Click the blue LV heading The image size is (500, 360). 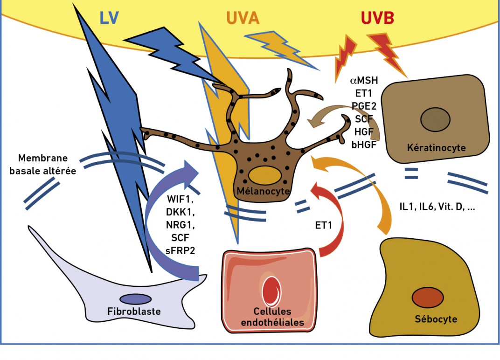[x=109, y=18]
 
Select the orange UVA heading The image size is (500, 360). [x=243, y=18]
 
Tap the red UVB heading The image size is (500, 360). [x=377, y=18]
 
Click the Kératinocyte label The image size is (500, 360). [x=436, y=148]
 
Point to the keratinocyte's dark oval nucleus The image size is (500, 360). [x=435, y=119]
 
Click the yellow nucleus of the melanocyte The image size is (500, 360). [x=264, y=175]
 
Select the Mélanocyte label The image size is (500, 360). [x=263, y=191]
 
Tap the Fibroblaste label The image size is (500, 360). [x=134, y=311]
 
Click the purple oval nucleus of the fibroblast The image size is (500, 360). [x=136, y=299]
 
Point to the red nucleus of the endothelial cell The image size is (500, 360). [x=271, y=291]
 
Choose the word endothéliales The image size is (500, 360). [x=273, y=322]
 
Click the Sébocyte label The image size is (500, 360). [x=436, y=319]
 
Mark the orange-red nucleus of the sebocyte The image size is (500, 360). [x=428, y=298]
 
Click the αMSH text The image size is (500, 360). [x=364, y=80]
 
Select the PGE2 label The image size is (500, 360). [x=364, y=106]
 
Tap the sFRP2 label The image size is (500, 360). [x=180, y=250]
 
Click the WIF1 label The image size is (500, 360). [x=180, y=200]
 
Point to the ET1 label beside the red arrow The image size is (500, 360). [x=324, y=225]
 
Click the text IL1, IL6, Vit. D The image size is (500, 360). [x=431, y=207]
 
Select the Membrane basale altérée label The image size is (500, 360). [x=43, y=165]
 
